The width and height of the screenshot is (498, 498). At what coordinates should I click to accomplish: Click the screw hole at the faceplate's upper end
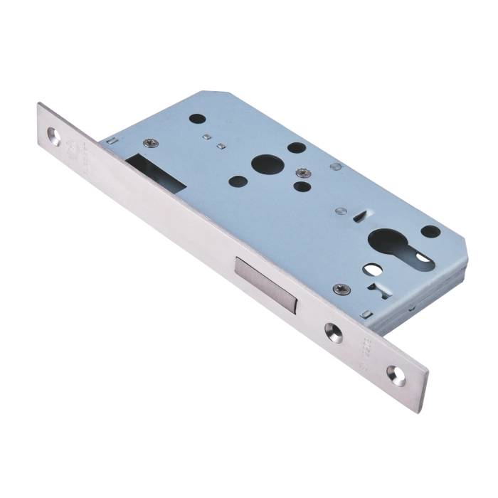tap(54, 135)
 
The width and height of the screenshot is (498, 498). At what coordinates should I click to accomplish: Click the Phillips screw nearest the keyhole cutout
tap(340, 290)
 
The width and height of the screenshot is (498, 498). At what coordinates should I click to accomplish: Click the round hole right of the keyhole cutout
tap(430, 232)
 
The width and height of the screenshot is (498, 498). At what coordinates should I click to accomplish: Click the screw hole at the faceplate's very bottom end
tap(396, 375)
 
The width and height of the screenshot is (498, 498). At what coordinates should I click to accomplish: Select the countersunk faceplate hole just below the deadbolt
tap(333, 332)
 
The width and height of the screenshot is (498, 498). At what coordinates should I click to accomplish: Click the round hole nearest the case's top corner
tap(199, 119)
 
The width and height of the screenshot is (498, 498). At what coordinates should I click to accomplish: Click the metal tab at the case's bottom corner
tap(365, 314)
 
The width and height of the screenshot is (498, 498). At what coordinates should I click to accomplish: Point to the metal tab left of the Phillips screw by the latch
tap(110, 143)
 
